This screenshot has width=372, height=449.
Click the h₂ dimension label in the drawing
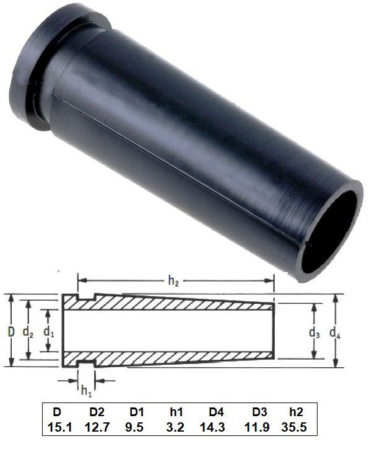coord(175,280)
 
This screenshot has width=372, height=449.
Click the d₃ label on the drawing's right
coord(315,333)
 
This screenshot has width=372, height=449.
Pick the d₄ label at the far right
coord(336,333)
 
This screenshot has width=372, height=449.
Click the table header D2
coord(97,412)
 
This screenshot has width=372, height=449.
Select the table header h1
coord(177,412)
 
